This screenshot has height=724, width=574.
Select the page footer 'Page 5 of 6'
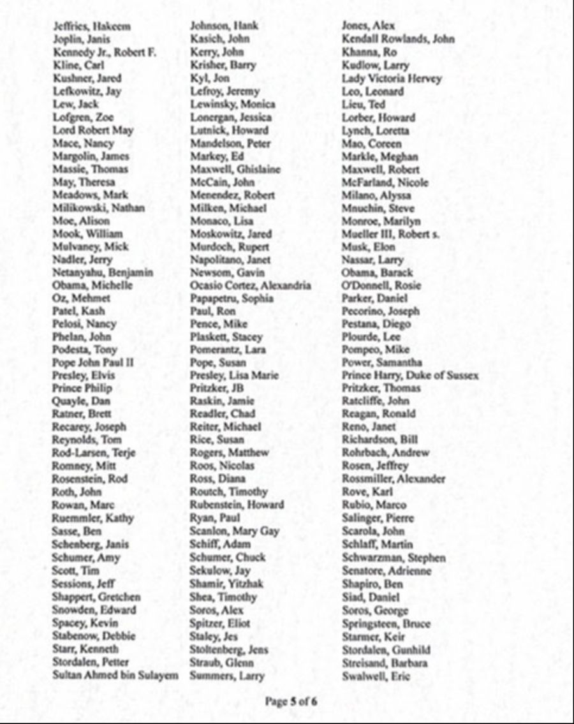[291, 702]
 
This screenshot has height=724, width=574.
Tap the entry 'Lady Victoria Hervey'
[392, 78]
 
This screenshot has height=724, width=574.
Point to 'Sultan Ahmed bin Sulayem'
[115, 675]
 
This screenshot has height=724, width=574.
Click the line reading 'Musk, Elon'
[369, 246]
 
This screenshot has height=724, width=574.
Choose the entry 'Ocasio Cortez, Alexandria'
[250, 285]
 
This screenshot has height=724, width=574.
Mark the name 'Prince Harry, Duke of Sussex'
[410, 375]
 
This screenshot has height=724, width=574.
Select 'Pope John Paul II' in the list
[93, 362]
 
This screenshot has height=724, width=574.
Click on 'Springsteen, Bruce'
[386, 623]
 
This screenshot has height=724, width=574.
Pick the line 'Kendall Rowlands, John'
[398, 39]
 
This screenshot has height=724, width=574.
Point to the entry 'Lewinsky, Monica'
[232, 104]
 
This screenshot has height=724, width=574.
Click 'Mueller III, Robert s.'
[390, 233]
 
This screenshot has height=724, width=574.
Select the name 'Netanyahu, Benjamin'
[102, 272]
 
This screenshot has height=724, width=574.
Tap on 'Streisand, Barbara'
[385, 662]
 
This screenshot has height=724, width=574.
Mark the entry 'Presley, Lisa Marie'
[234, 375]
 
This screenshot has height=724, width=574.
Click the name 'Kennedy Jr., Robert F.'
[105, 52]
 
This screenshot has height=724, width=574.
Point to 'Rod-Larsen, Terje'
[93, 452]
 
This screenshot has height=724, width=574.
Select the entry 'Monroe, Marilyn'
[381, 221]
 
